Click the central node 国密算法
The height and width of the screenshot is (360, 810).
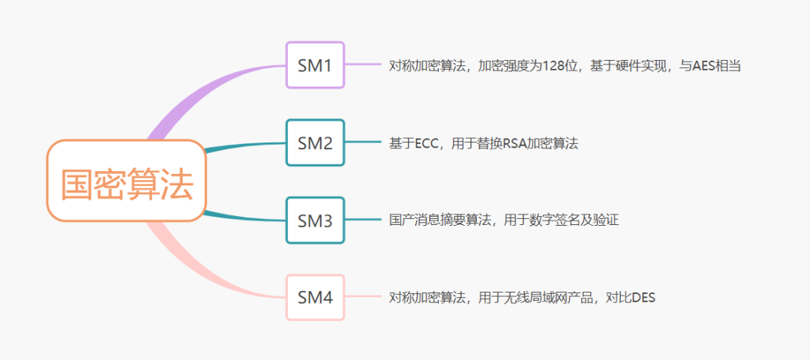(x=127, y=181)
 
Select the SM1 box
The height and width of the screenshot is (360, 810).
(x=315, y=65)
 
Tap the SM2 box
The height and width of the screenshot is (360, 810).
(x=315, y=142)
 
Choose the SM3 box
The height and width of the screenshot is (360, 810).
(x=315, y=220)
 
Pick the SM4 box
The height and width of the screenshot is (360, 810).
(x=315, y=298)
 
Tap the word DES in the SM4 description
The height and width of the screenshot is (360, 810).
(x=643, y=298)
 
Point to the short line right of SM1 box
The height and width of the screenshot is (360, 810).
(x=363, y=65)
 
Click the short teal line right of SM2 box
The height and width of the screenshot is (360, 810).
(x=363, y=142)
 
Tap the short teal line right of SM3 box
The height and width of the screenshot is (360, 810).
(x=363, y=220)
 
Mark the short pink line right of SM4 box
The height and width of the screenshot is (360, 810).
(x=363, y=298)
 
